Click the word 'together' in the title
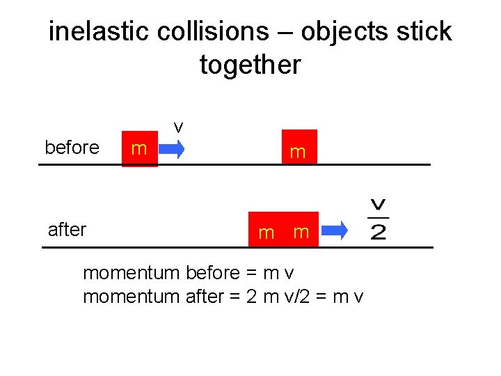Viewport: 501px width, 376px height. click(x=250, y=65)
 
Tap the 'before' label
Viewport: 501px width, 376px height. click(x=72, y=148)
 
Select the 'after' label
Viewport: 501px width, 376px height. click(x=67, y=229)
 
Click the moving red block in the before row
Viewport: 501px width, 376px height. click(x=139, y=148)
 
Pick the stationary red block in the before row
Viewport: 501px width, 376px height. click(x=299, y=148)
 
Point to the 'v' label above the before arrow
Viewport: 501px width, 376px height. click(x=178, y=127)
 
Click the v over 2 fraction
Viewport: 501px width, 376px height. click(x=379, y=219)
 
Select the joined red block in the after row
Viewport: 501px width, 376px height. click(x=284, y=230)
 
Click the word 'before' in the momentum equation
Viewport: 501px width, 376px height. click(x=216, y=273)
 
